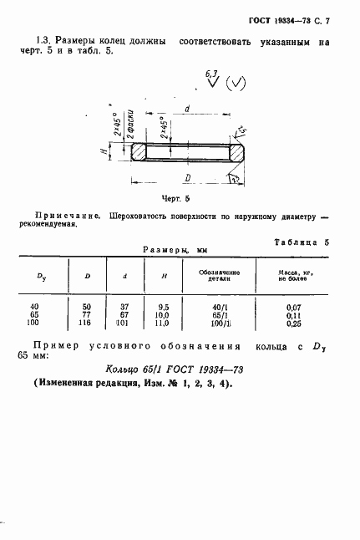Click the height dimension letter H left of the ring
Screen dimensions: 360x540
(x=114, y=151)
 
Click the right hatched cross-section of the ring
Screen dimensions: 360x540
(x=238, y=151)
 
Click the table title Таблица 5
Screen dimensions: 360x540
(x=302, y=242)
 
